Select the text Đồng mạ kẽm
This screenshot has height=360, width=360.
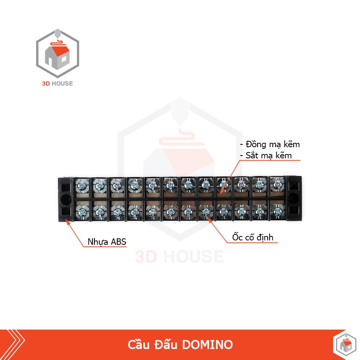click(x=270, y=144)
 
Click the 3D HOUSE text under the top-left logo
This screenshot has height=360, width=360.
click(x=58, y=84)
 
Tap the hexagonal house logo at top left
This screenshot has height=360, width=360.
click(x=58, y=54)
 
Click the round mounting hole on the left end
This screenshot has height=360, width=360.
click(x=65, y=198)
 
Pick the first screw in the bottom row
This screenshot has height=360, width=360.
click(x=81, y=211)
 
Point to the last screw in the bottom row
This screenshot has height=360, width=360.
click(x=277, y=211)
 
